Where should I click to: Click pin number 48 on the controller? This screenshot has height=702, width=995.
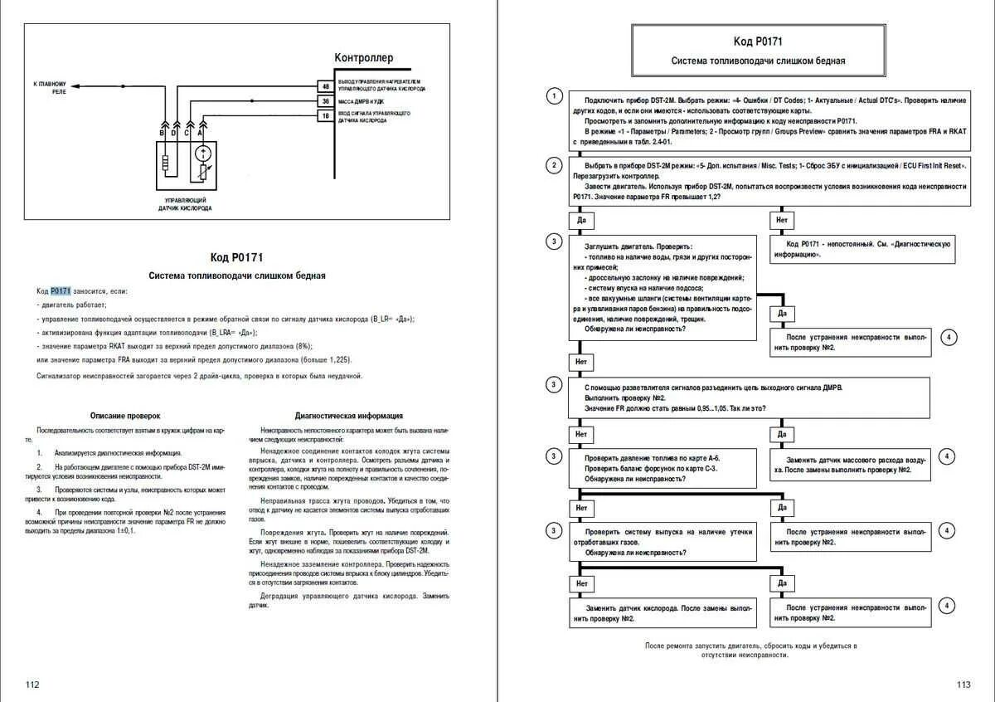[x=326, y=86]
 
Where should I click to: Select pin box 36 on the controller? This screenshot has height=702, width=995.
[x=326, y=101]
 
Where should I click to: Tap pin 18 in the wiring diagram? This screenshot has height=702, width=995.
[x=326, y=116]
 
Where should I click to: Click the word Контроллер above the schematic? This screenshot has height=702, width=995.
[x=364, y=58]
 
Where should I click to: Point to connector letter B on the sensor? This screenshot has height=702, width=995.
[x=162, y=132]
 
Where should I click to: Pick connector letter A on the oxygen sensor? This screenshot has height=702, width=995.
[x=200, y=132]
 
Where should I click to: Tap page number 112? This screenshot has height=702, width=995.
[x=32, y=685]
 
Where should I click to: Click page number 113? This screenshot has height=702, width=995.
[x=963, y=685]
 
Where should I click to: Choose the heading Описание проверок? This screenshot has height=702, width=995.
[x=125, y=416]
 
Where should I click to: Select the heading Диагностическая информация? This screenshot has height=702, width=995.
[x=349, y=416]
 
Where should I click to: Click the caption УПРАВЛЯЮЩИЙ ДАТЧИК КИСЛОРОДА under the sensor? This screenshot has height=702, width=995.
[x=185, y=205]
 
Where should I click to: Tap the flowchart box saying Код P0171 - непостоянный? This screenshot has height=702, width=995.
[x=863, y=249]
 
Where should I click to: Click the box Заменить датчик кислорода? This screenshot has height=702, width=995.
[x=663, y=613]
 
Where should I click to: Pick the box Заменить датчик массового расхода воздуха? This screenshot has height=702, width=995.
[x=851, y=464]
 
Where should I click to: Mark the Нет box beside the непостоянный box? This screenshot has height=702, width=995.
[x=781, y=221]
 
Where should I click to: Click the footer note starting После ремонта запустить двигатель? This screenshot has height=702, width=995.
[x=750, y=650]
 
